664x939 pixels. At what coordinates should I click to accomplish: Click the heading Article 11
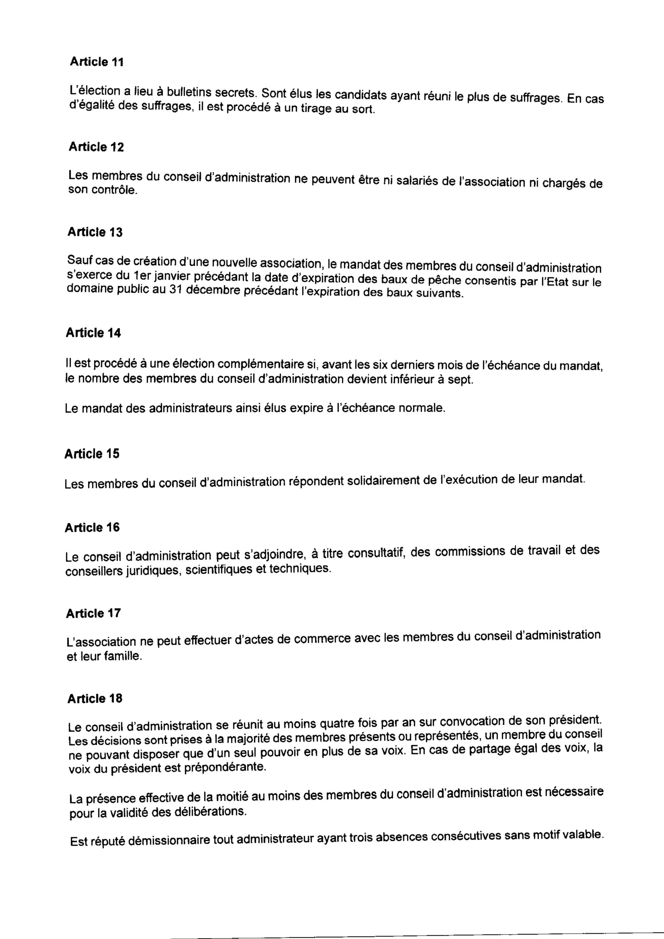pyautogui.click(x=96, y=62)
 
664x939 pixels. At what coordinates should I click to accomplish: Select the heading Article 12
pyautogui.click(x=96, y=147)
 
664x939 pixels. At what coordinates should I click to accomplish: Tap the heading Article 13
pyautogui.click(x=95, y=232)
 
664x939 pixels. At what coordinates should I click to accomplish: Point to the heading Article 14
pyautogui.click(x=93, y=333)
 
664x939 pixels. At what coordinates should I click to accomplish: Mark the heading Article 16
pyautogui.click(x=92, y=528)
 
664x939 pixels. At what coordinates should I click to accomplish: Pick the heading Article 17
pyautogui.click(x=93, y=614)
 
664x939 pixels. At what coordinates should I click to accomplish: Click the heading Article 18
pyautogui.click(x=95, y=699)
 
